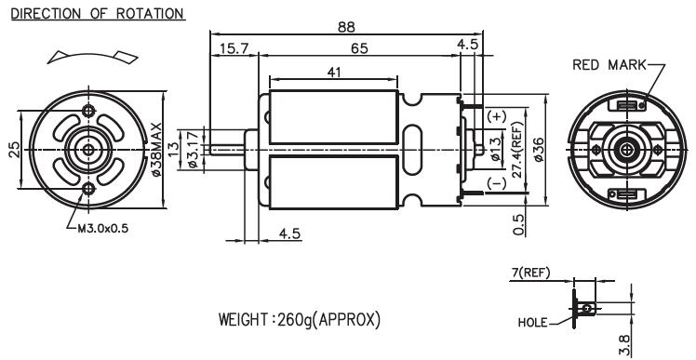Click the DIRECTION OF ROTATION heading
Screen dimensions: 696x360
tap(98, 13)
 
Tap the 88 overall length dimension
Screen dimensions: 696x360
tap(347, 27)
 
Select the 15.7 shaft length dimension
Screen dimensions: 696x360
tap(234, 48)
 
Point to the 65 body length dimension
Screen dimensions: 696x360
tap(359, 48)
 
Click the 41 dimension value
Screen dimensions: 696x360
tap(334, 72)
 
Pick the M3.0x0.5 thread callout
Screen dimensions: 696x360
tap(103, 229)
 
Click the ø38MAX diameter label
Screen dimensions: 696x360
tap(156, 150)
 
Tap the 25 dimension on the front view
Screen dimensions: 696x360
tap(14, 150)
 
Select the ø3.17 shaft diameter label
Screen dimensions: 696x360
tap(194, 150)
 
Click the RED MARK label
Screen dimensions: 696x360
tap(609, 65)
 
